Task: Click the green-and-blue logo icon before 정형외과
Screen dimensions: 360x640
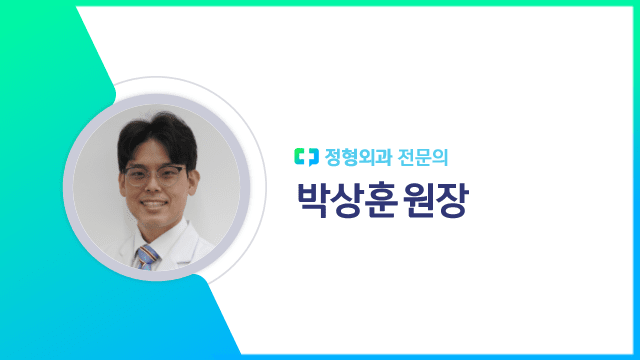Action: (x=306, y=156)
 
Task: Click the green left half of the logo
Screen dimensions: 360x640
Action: (x=301, y=156)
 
